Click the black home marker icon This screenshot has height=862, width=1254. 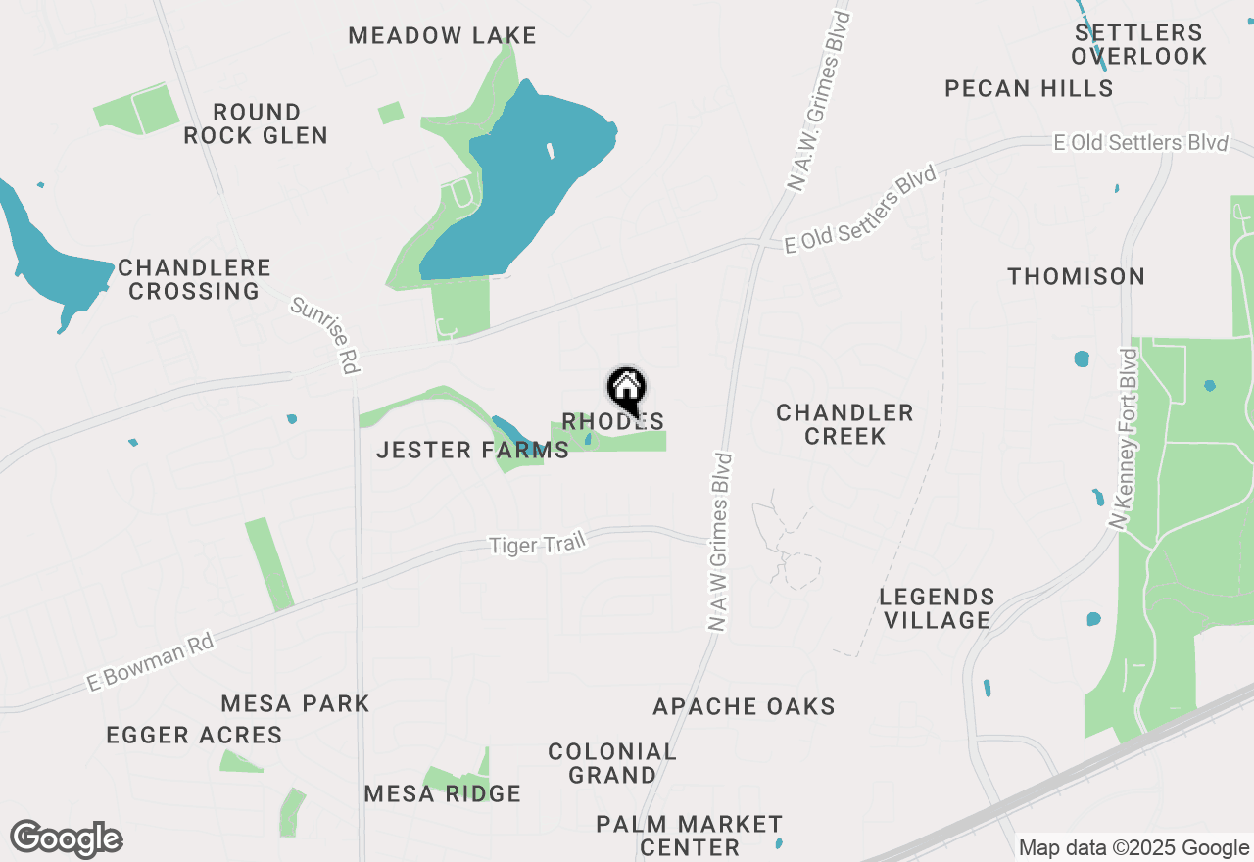627,389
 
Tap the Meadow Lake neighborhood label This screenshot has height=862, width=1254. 443,36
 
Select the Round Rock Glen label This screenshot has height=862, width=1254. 256,123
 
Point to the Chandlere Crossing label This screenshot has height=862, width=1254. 194,279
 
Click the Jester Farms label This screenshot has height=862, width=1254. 473,451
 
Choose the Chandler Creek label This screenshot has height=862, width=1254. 844,424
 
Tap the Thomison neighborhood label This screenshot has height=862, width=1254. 1077,277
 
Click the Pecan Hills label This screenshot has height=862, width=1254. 1029,89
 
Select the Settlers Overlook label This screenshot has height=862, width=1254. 1138,44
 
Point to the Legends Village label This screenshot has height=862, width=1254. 937,608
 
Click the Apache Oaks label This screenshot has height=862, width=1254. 745,706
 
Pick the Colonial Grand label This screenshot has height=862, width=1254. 612,763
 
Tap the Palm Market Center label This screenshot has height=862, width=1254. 690,835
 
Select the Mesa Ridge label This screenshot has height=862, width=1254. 443,793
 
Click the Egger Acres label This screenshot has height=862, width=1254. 194,735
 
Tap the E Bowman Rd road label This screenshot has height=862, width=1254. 150,662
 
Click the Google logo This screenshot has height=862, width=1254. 67,839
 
